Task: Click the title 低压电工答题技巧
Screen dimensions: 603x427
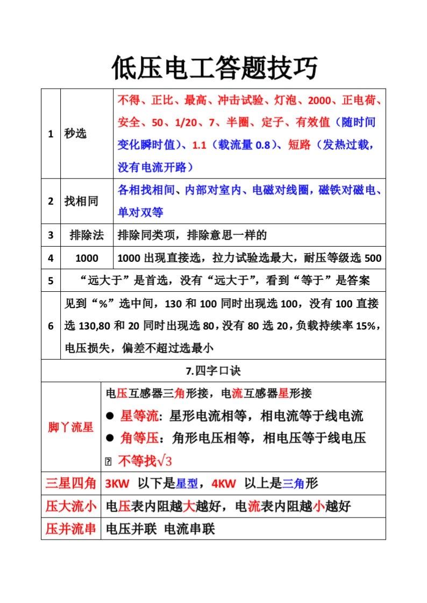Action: click(x=214, y=68)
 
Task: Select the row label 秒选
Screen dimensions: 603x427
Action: click(x=75, y=133)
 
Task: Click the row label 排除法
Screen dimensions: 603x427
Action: click(x=87, y=235)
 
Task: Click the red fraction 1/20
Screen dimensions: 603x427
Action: click(x=186, y=122)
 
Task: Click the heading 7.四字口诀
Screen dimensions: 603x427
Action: click(x=213, y=371)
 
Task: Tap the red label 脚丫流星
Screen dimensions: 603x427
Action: click(x=70, y=427)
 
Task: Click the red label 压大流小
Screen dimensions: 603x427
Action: click(x=70, y=506)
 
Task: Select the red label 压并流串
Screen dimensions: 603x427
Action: click(x=70, y=529)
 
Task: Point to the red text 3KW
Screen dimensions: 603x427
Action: click(x=118, y=484)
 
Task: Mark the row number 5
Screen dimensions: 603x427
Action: click(x=51, y=281)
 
